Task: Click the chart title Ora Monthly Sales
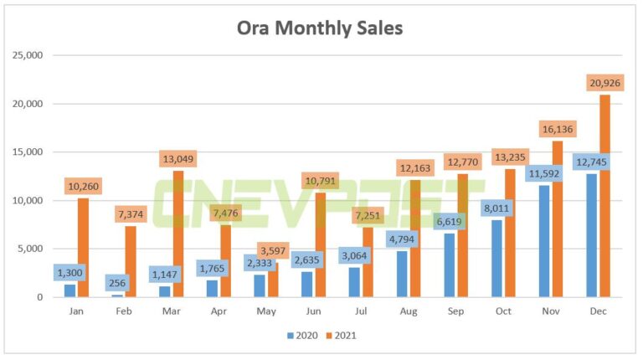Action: coord(321,28)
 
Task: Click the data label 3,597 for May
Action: coord(273,250)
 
